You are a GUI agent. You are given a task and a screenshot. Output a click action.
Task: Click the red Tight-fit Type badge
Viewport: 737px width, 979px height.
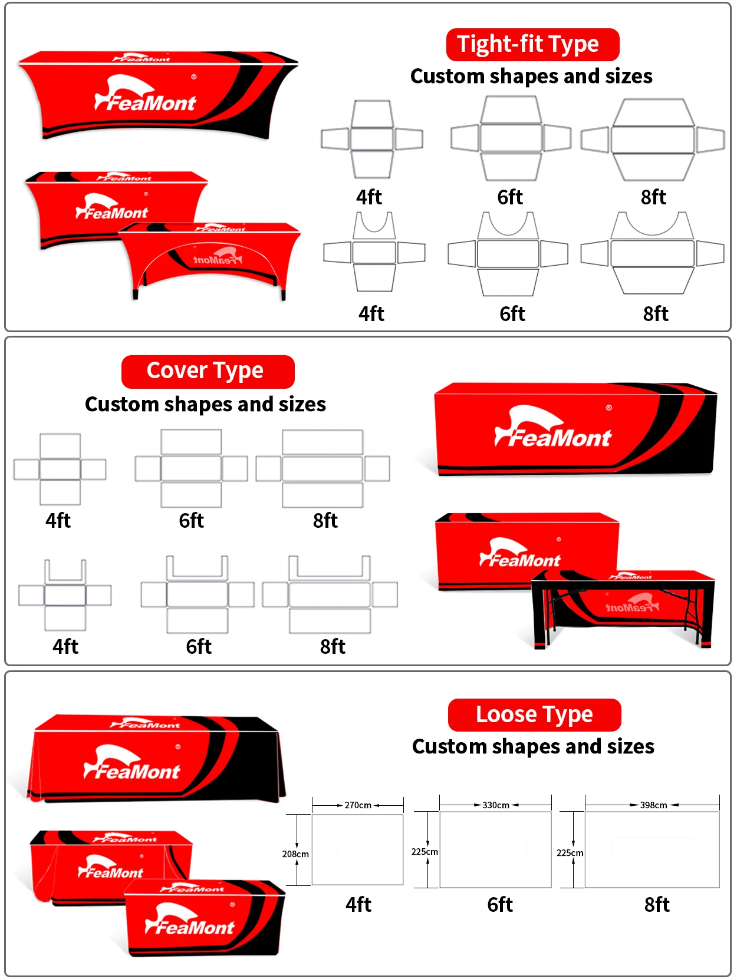(x=532, y=45)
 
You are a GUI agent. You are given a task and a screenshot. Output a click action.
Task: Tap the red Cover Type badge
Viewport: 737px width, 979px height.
(x=208, y=371)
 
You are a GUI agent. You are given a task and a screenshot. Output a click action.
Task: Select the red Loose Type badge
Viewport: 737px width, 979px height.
(x=534, y=715)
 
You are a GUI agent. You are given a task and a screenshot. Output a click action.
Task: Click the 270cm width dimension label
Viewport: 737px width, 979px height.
(x=358, y=805)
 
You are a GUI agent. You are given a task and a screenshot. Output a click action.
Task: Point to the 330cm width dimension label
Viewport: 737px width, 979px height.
(x=496, y=805)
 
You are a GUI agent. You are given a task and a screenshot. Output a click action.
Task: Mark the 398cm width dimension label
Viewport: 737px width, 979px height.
(x=653, y=805)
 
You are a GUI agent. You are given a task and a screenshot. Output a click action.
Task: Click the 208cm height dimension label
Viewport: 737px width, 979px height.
(x=295, y=854)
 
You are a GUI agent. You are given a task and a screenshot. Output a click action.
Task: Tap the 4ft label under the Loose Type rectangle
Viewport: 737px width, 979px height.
(x=358, y=904)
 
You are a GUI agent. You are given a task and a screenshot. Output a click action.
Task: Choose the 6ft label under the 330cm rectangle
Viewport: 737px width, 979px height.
(x=500, y=904)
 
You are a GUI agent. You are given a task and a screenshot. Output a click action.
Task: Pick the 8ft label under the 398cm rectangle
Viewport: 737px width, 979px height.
(x=657, y=904)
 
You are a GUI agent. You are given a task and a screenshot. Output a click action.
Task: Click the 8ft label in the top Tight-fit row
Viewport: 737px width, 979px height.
(x=653, y=197)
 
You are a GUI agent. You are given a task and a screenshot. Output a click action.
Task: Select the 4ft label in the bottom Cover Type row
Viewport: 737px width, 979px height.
(x=65, y=646)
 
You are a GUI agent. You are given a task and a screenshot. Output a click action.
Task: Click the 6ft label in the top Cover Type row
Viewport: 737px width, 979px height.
(x=192, y=520)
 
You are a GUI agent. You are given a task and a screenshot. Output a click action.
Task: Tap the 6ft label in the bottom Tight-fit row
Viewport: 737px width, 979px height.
(x=512, y=313)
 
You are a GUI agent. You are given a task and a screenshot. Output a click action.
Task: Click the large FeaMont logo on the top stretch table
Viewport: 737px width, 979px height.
(x=145, y=95)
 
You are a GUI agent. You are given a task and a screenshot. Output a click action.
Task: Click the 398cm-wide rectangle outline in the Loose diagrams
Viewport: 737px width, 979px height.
(x=652, y=849)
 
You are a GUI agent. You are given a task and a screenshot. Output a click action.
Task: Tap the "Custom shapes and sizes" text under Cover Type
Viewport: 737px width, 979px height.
(x=205, y=404)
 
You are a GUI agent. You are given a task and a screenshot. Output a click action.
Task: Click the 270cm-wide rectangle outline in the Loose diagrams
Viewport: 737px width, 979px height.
(x=357, y=849)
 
